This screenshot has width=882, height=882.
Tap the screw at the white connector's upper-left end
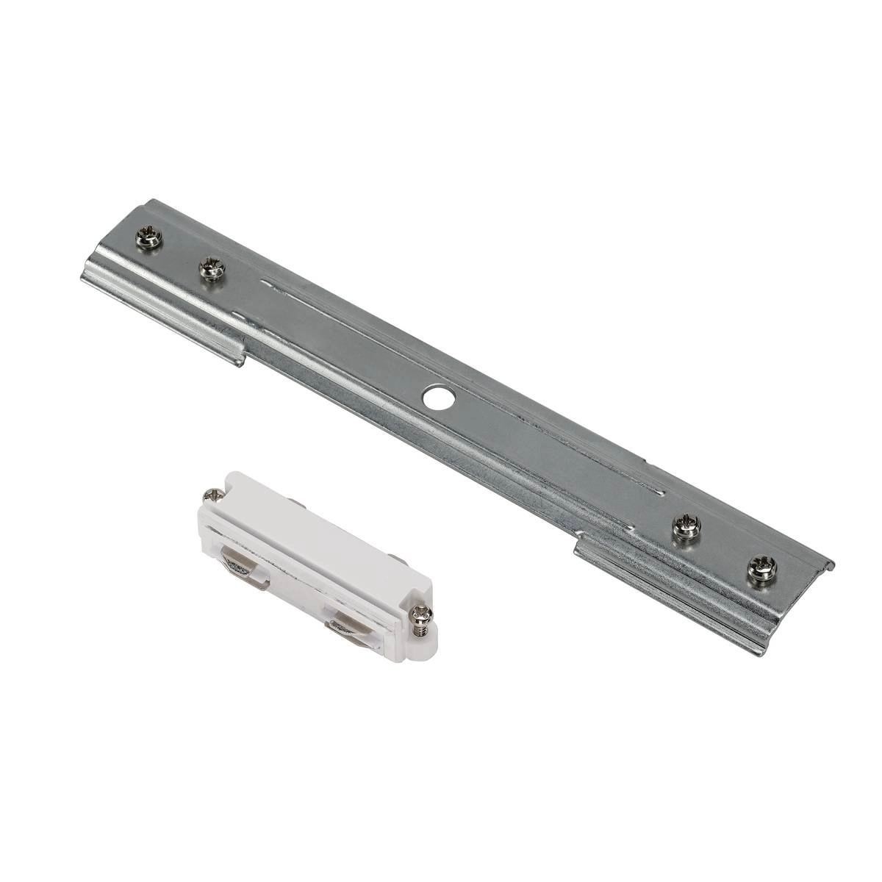tap(213, 497)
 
